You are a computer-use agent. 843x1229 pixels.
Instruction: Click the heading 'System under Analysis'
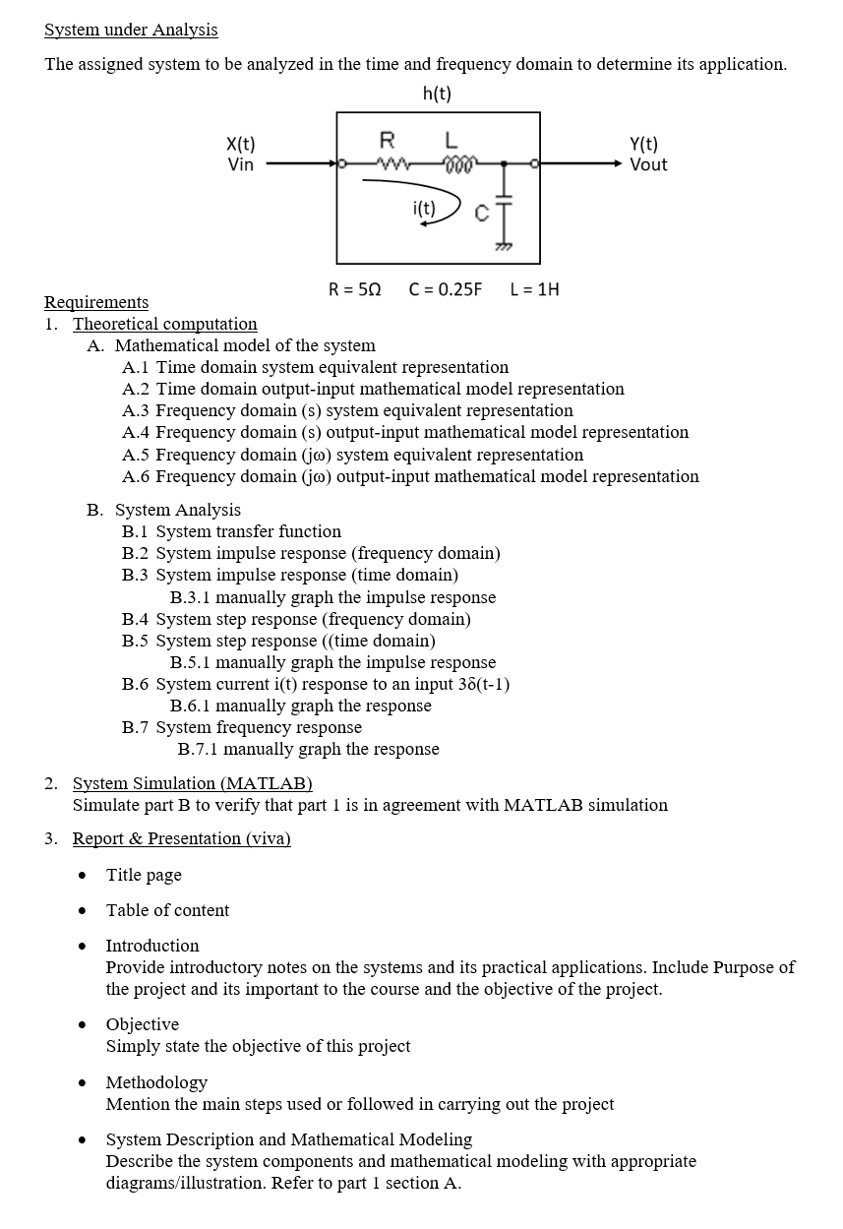coord(131,30)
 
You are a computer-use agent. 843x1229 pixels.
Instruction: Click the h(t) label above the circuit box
coord(437,94)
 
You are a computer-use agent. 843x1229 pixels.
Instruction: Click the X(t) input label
coord(241,145)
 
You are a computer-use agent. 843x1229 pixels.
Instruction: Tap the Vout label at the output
coord(648,164)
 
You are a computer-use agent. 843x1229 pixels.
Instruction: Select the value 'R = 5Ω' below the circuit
coord(354,289)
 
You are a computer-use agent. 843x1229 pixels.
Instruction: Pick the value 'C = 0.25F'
coord(446,289)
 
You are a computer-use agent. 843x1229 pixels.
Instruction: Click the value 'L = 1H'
coord(535,289)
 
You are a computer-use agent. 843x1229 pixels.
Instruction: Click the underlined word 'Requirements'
coord(96,302)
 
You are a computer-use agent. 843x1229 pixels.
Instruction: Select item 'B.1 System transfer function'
coord(231,531)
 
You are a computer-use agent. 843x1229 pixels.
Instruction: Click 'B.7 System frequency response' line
coord(241,727)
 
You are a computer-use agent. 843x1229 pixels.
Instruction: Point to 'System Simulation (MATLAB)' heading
coord(192,783)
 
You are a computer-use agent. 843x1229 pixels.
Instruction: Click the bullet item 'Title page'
coord(144,875)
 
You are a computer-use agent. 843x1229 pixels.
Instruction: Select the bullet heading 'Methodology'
coord(156,1082)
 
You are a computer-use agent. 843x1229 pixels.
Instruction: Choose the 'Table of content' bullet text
coord(167,910)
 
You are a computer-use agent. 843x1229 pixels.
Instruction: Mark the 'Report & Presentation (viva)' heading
coord(181,838)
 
